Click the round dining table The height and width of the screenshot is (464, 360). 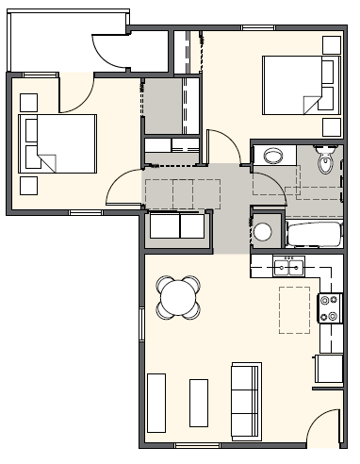click(x=179, y=298)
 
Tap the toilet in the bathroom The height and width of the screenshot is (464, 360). click(x=326, y=162)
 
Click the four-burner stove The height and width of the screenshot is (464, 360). click(x=330, y=307)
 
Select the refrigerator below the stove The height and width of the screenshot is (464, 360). click(x=330, y=367)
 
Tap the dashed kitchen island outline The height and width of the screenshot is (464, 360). click(x=294, y=309)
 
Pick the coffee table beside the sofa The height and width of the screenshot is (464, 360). click(x=199, y=403)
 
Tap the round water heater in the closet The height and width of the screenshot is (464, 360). click(x=264, y=232)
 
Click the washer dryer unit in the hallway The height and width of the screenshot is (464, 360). click(x=177, y=226)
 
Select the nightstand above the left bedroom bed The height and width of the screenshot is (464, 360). click(x=27, y=101)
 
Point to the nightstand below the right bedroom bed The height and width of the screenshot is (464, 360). click(x=331, y=127)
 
